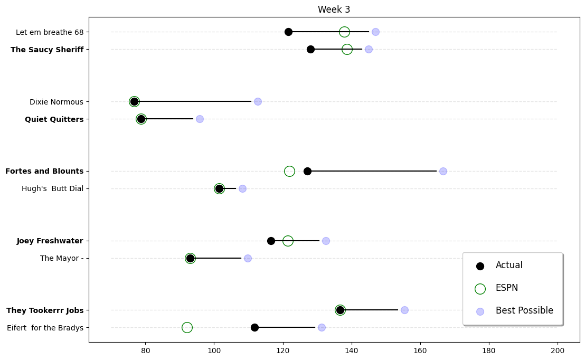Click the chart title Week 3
pyautogui.click(x=334, y=10)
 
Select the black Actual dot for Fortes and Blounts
pyautogui.click(x=307, y=171)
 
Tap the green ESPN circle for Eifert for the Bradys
pyautogui.click(x=187, y=327)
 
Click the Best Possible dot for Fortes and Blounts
pyautogui.click(x=443, y=171)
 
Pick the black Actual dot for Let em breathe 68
pyautogui.click(x=288, y=32)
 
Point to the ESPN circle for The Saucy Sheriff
pyautogui.click(x=347, y=49)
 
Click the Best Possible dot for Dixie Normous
pyautogui.click(x=258, y=101)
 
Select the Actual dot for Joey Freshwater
pyautogui.click(x=271, y=241)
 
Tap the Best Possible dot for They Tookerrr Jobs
pyautogui.click(x=404, y=310)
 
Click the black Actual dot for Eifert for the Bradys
pyautogui.click(x=254, y=327)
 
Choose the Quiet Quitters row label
pyautogui.click(x=54, y=119)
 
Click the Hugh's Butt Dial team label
pyautogui.click(x=52, y=188)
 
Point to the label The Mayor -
pyautogui.click(x=62, y=258)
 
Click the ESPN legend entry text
pyautogui.click(x=506, y=288)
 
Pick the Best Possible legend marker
pyautogui.click(x=480, y=311)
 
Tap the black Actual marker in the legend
pyautogui.click(x=480, y=266)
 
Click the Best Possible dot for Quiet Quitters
pyautogui.click(x=200, y=119)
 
